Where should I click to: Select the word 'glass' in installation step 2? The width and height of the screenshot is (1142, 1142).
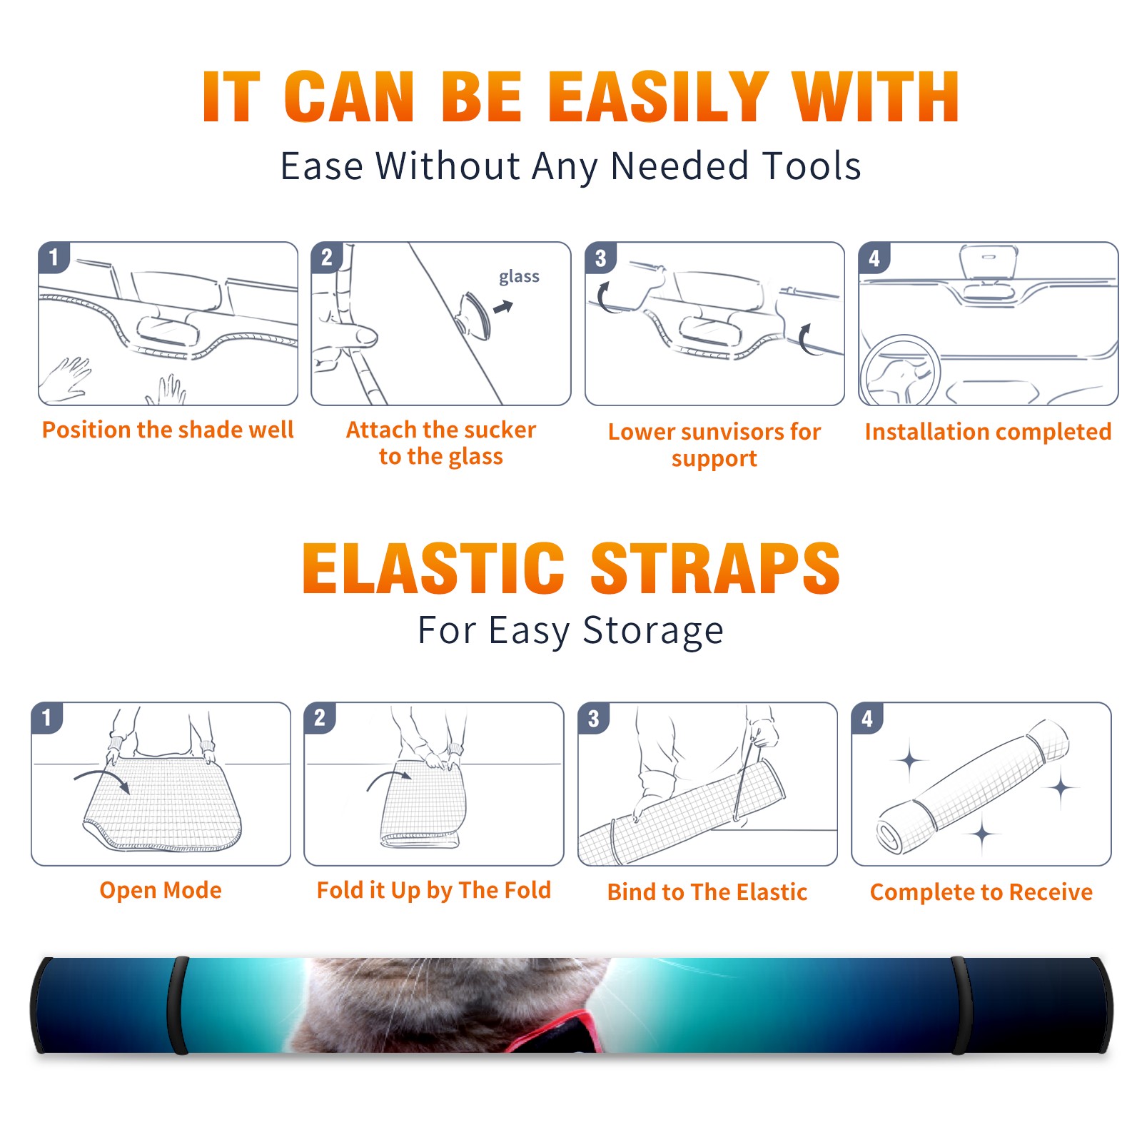tap(519, 277)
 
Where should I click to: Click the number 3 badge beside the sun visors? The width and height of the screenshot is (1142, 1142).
tap(600, 258)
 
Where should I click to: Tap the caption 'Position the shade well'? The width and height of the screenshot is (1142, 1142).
tap(168, 430)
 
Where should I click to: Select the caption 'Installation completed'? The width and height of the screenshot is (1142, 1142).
tap(988, 432)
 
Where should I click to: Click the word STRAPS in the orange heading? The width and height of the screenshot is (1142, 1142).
tap(715, 569)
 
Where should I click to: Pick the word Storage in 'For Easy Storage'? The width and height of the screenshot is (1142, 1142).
tap(653, 631)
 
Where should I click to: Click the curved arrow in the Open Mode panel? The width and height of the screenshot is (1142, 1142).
tap(102, 779)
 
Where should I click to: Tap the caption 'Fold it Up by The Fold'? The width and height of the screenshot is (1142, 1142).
tap(434, 891)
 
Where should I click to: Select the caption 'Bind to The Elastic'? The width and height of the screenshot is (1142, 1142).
tap(707, 892)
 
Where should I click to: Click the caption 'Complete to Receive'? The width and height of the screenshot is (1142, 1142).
tap(981, 892)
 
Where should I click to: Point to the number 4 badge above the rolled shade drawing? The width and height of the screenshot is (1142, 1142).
tap(867, 718)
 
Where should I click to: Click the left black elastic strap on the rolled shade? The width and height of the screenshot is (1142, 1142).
tap(178, 1005)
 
